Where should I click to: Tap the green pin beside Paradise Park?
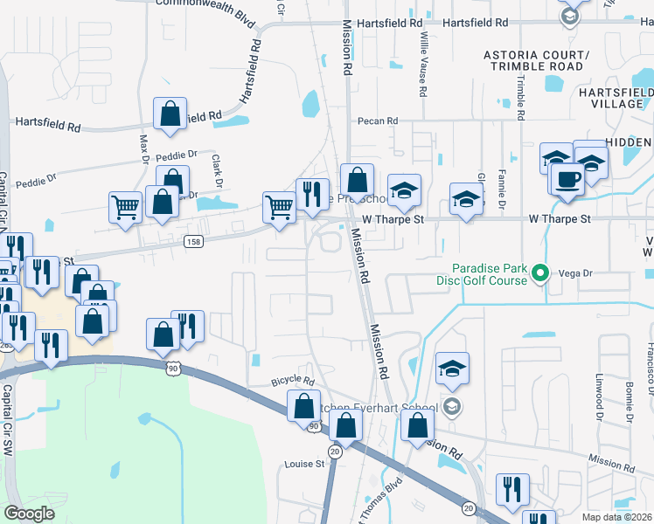[540, 274]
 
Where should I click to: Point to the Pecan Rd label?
[377, 121]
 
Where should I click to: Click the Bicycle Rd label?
[292, 381]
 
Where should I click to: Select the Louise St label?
[304, 465]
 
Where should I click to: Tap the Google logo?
[29, 514]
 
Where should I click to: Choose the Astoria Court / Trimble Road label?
[537, 60]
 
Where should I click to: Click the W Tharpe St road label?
[393, 219]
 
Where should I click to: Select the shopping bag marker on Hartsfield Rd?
[170, 114]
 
